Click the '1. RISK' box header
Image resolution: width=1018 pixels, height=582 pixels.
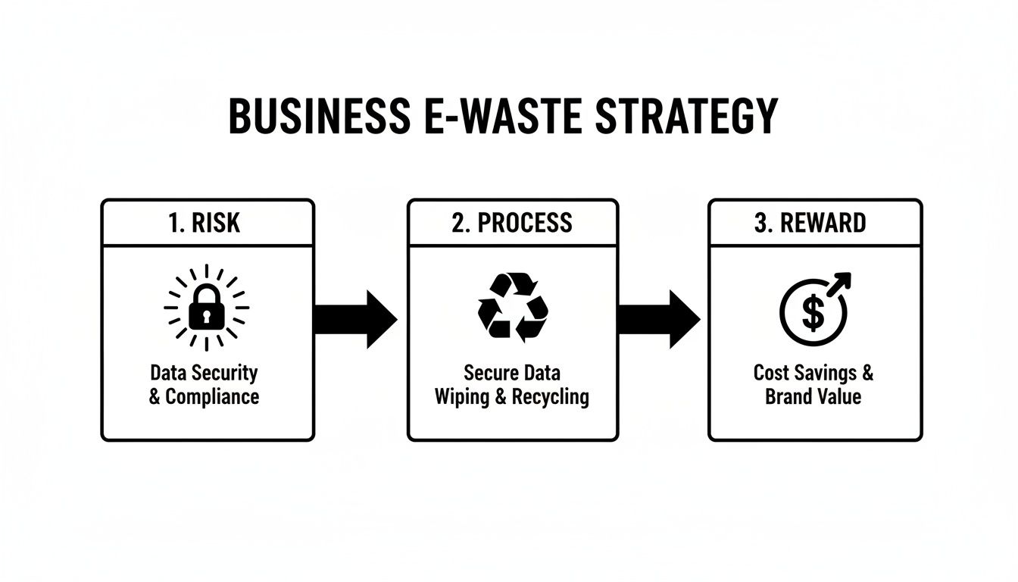(x=207, y=223)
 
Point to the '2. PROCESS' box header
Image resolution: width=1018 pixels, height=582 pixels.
(x=512, y=223)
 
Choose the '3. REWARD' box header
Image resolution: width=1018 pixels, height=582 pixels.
(x=814, y=223)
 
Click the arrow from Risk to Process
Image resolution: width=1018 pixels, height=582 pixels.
(x=354, y=319)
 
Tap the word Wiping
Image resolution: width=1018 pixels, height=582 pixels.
(x=462, y=396)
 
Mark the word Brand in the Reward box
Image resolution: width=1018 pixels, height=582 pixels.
(x=788, y=396)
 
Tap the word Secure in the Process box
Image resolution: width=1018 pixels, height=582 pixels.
(x=489, y=374)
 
